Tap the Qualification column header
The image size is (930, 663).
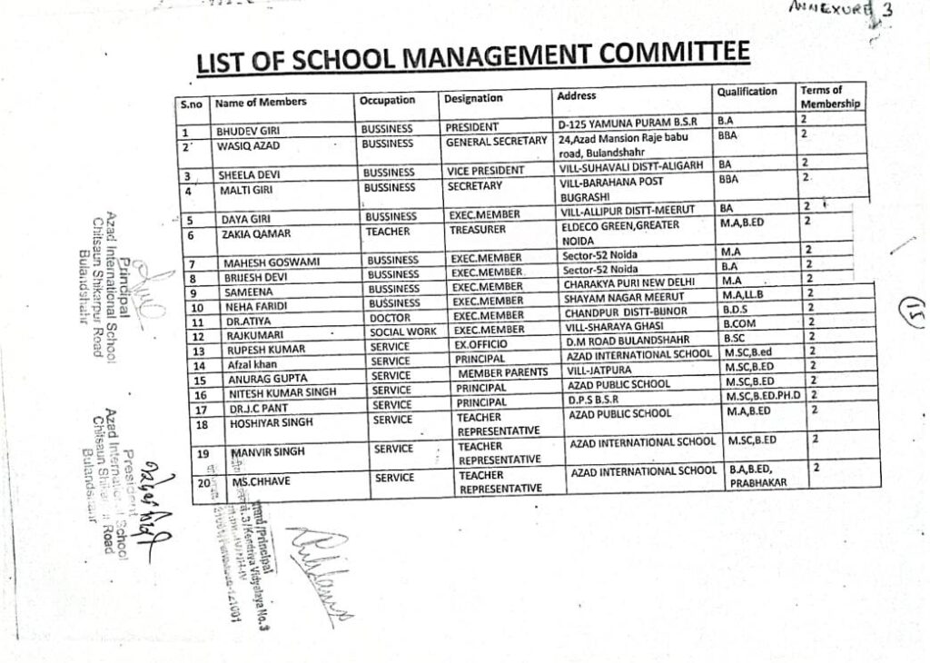coord(747,92)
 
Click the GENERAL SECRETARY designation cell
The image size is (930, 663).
coord(495,142)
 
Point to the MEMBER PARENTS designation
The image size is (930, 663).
coord(502,372)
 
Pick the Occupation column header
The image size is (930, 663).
coord(387,100)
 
